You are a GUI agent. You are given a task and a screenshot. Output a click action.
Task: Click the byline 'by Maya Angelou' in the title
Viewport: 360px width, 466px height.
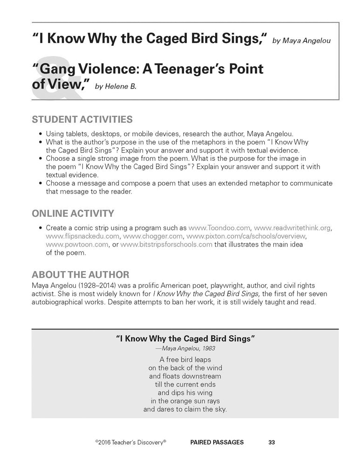[301, 41]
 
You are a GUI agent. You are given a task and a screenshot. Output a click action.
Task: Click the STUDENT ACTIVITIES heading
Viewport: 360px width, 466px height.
[82, 119]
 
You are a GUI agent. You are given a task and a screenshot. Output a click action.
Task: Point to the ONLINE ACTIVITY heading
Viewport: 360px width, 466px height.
[73, 214]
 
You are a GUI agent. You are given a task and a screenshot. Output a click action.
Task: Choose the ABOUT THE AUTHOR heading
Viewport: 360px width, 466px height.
[81, 274]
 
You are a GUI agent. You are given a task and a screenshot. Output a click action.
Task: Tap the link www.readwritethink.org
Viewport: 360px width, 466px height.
[292, 228]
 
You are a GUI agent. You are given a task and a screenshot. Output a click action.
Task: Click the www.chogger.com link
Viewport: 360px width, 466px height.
[152, 236]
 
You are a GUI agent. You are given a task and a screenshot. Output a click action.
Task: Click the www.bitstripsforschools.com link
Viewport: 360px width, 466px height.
[166, 245]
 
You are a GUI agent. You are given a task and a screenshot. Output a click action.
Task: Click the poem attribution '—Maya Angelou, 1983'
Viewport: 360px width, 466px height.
[185, 348]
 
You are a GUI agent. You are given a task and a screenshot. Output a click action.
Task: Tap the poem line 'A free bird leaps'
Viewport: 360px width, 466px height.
[185, 359]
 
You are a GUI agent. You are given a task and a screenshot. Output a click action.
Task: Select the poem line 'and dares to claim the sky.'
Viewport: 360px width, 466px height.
[185, 410]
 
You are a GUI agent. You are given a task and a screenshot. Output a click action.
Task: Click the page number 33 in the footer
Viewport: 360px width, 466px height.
[272, 442]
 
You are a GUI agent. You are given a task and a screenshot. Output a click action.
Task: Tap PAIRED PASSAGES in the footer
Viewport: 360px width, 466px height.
[217, 442]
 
